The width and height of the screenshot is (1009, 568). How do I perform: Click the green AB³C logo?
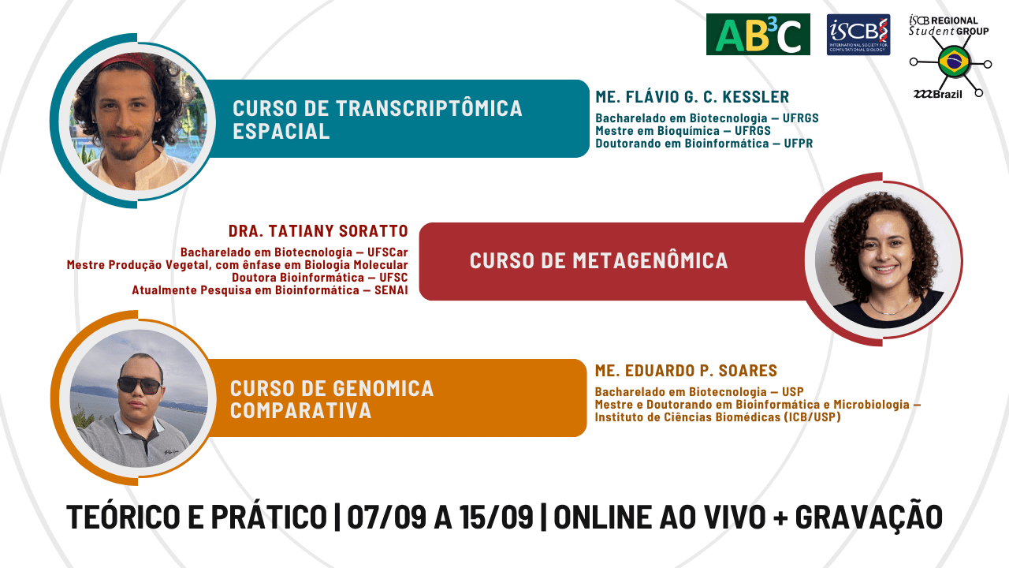pyautogui.click(x=758, y=34)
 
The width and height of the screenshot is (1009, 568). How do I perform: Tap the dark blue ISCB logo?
pyautogui.click(x=858, y=35)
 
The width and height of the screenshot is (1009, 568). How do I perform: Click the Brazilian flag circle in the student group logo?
pyautogui.click(x=954, y=62)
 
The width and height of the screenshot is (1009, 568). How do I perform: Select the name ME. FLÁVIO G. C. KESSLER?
pyautogui.click(x=692, y=97)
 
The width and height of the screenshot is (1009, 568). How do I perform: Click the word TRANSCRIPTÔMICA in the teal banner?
pyautogui.click(x=429, y=109)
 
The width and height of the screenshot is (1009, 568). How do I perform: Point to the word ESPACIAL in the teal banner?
pyautogui.click(x=281, y=131)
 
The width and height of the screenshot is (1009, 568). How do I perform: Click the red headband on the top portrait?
pyautogui.click(x=131, y=63)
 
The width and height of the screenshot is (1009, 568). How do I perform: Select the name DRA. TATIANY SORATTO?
pyautogui.click(x=318, y=231)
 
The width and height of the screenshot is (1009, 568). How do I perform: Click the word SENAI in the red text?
pyautogui.click(x=391, y=290)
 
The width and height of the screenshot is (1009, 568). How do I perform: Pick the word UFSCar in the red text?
pyautogui.click(x=387, y=252)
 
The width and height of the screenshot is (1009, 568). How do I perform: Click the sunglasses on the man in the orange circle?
pyautogui.click(x=140, y=386)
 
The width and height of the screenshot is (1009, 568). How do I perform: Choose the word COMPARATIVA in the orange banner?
pyautogui.click(x=301, y=410)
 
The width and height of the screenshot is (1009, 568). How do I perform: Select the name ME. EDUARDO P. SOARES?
pyautogui.click(x=686, y=371)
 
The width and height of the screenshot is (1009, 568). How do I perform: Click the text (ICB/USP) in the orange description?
pyautogui.click(x=812, y=417)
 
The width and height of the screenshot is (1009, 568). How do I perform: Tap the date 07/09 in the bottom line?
pyautogui.click(x=386, y=517)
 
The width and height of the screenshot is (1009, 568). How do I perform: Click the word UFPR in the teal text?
pyautogui.click(x=799, y=144)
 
